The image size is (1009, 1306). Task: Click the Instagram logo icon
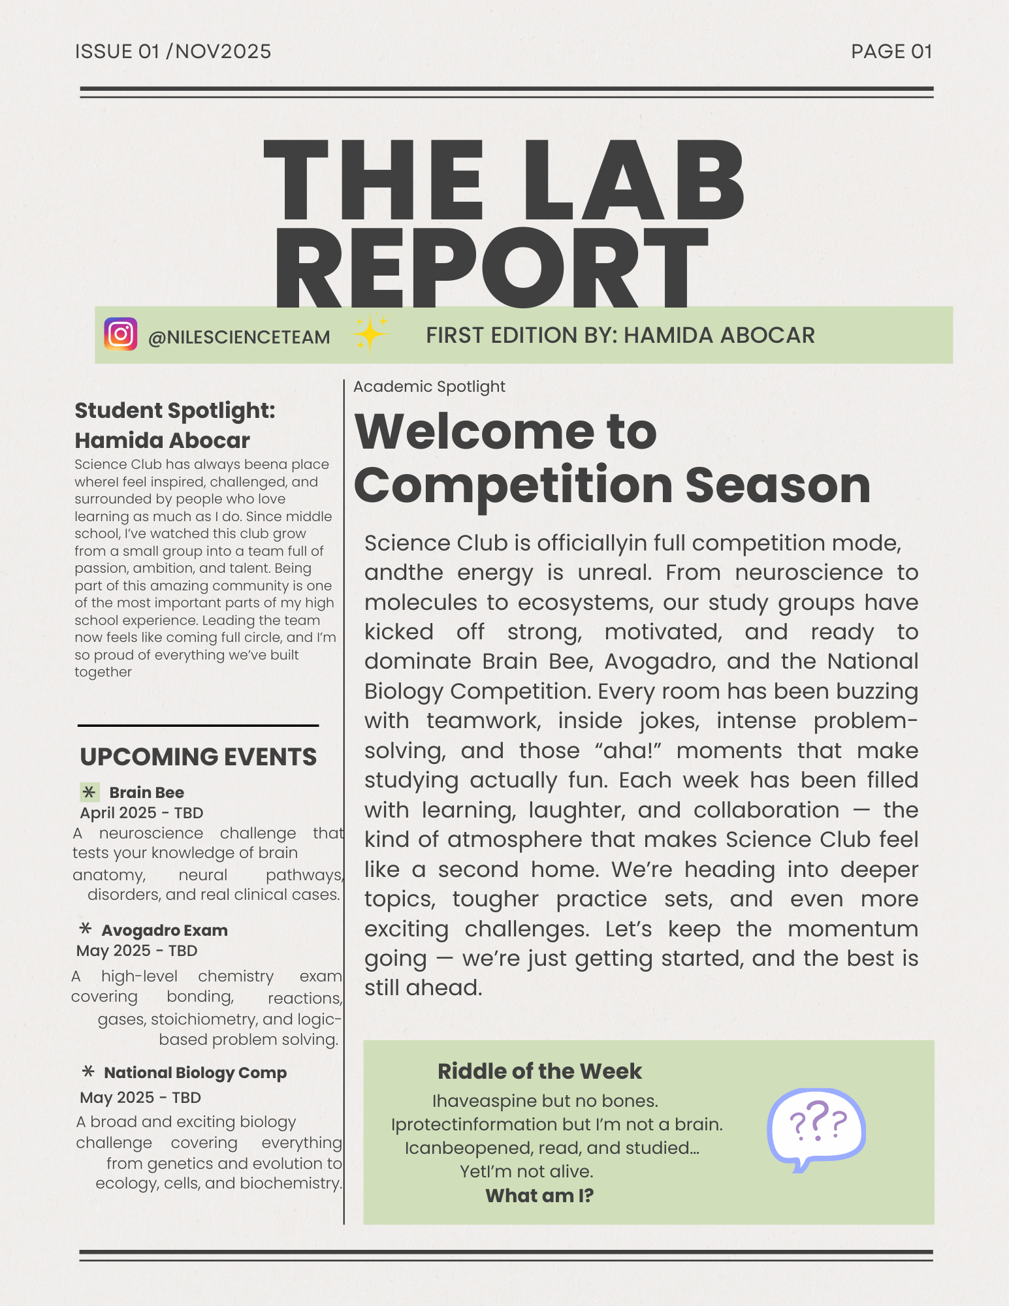pyautogui.click(x=120, y=334)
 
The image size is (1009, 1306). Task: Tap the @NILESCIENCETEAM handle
pyautogui.click(x=239, y=337)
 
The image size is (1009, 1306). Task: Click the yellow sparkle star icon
pyautogui.click(x=370, y=334)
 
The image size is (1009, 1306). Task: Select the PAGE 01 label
pyautogui.click(x=891, y=52)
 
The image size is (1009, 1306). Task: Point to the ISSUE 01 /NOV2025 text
pyautogui.click(x=173, y=52)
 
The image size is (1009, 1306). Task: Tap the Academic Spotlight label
pyautogui.click(x=429, y=387)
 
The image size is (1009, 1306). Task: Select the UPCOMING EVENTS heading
pyautogui.click(x=198, y=757)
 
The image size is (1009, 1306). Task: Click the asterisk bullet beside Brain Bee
pyautogui.click(x=89, y=792)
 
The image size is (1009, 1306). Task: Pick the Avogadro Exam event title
pyautogui.click(x=165, y=930)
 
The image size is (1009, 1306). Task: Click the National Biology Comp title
pyautogui.click(x=195, y=1072)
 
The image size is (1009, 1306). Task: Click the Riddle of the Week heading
pyautogui.click(x=539, y=1071)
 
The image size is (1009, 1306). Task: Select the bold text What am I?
pyautogui.click(x=539, y=1196)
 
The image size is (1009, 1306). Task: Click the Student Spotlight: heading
pyautogui.click(x=175, y=411)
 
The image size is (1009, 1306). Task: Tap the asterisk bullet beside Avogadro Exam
pyautogui.click(x=85, y=929)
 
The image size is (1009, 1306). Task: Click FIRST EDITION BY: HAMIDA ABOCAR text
pyautogui.click(x=620, y=335)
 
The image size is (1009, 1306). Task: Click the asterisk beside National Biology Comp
pyautogui.click(x=88, y=1072)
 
